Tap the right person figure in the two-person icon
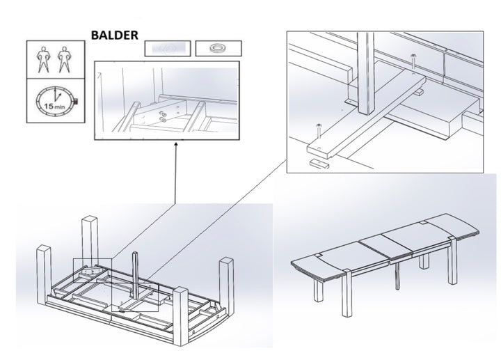pos(67,59)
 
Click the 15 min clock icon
pos(54,101)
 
